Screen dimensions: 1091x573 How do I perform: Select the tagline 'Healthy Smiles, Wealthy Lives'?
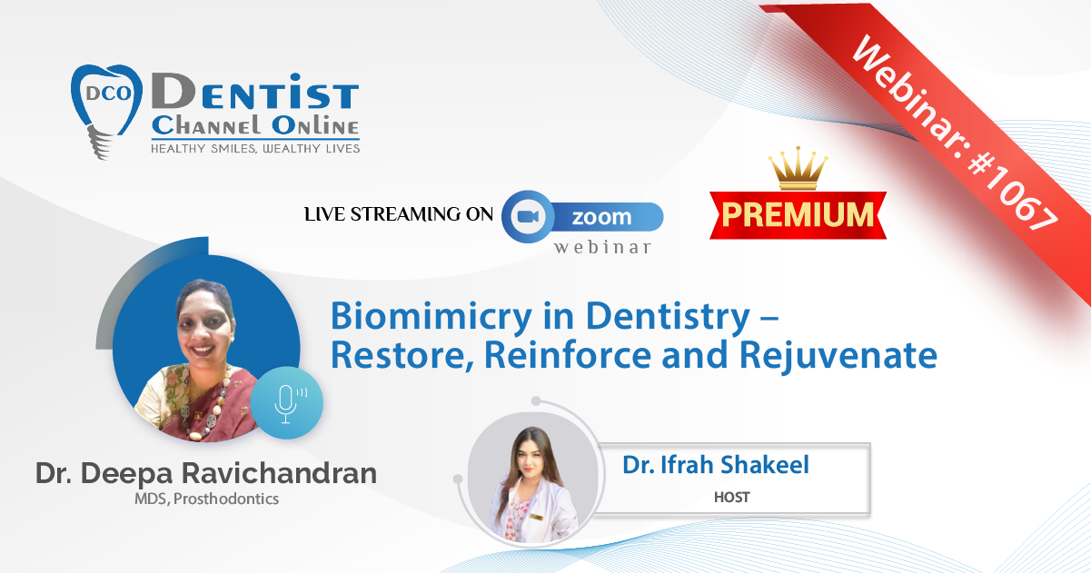255,149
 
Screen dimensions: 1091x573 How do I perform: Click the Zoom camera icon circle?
528,217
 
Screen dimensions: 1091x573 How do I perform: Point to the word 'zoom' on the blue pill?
601,217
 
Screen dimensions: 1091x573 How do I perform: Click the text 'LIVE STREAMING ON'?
399,214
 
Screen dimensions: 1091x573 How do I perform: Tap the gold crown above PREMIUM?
798,168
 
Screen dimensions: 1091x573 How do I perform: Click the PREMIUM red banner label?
798,214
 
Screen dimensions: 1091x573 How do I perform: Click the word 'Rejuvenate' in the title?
838,356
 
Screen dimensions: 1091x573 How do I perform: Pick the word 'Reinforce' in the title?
568,355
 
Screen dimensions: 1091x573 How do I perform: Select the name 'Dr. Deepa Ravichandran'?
206,473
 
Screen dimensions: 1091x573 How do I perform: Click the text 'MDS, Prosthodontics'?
206,499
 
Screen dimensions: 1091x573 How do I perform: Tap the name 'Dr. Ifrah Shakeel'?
716,464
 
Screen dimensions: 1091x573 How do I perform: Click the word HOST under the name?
732,497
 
